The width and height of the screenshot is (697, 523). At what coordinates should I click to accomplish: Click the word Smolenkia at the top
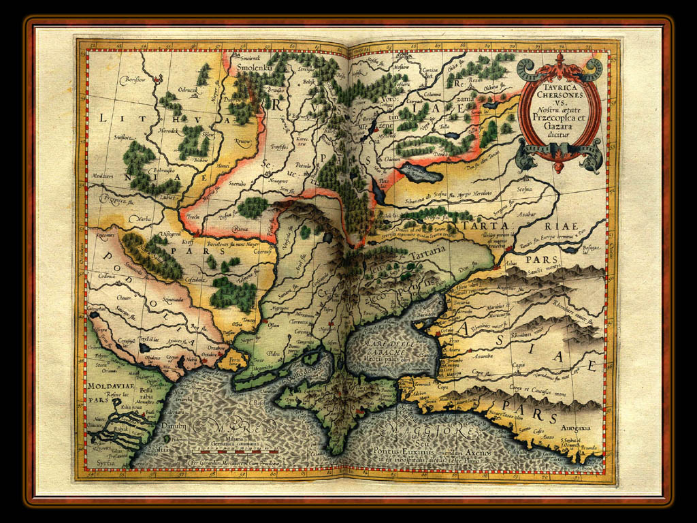pyautogui.click(x=255, y=69)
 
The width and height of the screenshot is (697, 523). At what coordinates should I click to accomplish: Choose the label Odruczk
pyautogui.click(x=188, y=89)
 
